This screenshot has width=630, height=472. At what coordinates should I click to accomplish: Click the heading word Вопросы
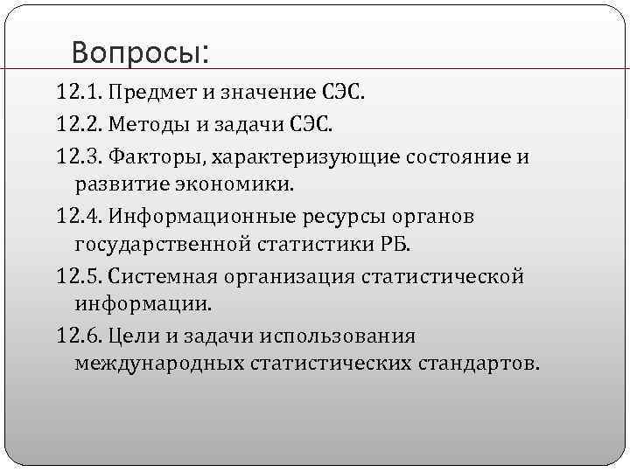(x=140, y=53)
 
